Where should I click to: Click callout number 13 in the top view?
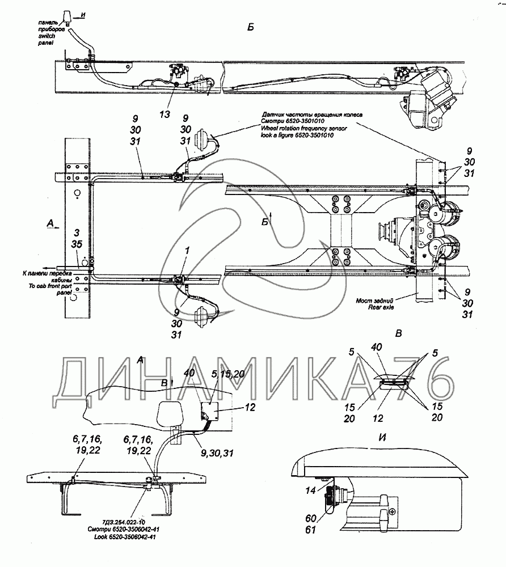[164, 114]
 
